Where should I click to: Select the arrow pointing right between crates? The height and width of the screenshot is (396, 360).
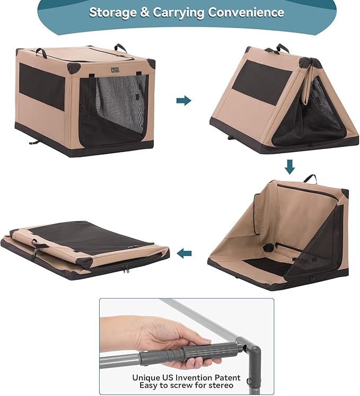click(x=183, y=100)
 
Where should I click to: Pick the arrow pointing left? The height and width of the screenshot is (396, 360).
click(x=184, y=253)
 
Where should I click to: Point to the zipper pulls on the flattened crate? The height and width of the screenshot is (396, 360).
click(x=127, y=270)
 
